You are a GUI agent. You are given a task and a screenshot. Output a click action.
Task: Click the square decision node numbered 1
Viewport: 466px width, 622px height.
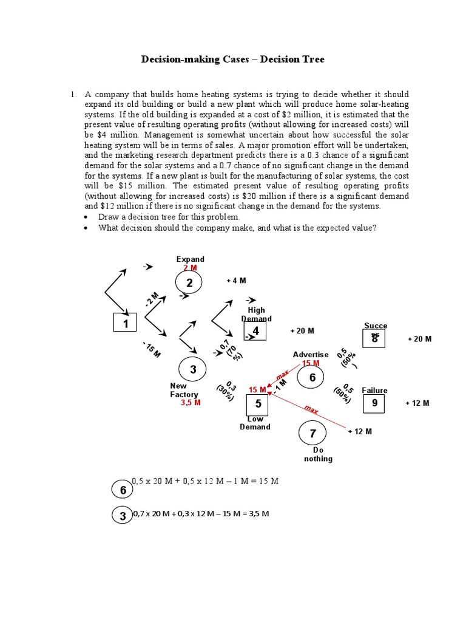tap(126, 324)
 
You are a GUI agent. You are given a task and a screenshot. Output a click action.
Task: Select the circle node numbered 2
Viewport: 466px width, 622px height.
tap(189, 282)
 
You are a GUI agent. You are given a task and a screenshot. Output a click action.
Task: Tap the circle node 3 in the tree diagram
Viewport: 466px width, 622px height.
tap(193, 369)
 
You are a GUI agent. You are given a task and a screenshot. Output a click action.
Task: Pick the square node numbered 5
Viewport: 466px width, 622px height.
tap(258, 403)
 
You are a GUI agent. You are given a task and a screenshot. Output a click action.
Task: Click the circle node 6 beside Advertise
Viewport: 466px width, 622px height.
tap(312, 378)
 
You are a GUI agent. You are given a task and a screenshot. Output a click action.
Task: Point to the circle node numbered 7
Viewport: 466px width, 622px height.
tap(313, 434)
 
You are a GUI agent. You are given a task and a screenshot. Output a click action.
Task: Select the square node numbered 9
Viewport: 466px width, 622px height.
tap(374, 403)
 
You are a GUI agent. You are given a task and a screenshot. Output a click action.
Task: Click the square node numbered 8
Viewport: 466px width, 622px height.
tap(375, 338)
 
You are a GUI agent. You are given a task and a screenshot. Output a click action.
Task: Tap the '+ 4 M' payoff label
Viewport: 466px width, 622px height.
tap(236, 280)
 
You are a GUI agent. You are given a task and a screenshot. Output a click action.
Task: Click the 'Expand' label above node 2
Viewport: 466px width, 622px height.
tap(190, 259)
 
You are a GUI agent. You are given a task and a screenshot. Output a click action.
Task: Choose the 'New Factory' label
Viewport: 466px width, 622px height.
tap(183, 390)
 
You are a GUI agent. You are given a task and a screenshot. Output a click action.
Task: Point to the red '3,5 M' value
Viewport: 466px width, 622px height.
tap(191, 403)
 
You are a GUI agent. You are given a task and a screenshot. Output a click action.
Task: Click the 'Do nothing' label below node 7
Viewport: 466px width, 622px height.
tap(318, 454)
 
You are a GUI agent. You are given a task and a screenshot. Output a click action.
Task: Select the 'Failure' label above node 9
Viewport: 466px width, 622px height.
tap(374, 391)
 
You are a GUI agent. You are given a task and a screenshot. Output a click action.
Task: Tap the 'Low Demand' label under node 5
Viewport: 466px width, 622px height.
tap(255, 423)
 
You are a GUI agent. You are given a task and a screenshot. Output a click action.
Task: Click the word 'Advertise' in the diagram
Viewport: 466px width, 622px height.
tap(311, 355)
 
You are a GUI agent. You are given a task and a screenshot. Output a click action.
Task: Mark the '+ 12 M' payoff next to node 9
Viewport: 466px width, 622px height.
tap(417, 403)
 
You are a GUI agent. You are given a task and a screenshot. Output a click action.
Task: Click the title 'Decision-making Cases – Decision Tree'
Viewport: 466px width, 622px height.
tap(233, 60)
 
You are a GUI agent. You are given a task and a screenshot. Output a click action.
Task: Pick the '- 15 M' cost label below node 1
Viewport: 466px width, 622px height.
tap(152, 350)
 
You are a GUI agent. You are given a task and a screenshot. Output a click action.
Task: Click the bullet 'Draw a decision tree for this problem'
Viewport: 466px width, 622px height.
tap(169, 217)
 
